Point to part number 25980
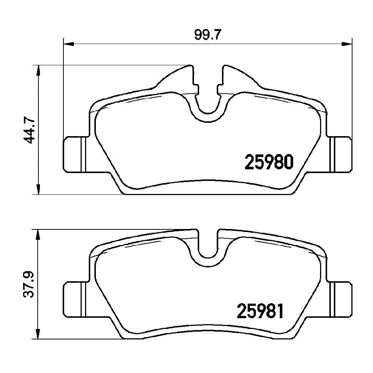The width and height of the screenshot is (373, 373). pos(269,162)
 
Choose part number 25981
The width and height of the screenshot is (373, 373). pos(260,311)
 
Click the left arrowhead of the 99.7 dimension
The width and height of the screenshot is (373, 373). pos(69,44)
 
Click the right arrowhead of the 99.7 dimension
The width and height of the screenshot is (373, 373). pos(347,44)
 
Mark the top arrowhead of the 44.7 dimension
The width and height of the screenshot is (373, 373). pos(38,70)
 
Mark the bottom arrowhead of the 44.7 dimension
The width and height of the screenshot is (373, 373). pos(38,189)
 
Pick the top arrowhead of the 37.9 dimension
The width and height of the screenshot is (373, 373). pos(38,235)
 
